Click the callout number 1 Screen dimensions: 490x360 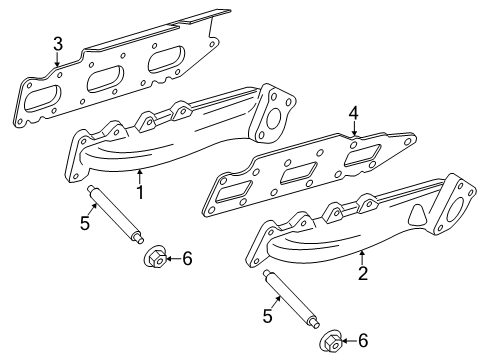pyautogui.click(x=140, y=192)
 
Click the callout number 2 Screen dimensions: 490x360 pyautogui.click(x=363, y=273)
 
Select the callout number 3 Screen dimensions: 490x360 pyautogui.click(x=58, y=44)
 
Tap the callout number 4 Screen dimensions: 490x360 pyautogui.click(x=353, y=113)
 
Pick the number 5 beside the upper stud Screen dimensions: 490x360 pyautogui.click(x=85, y=223)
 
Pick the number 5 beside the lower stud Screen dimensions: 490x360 pyautogui.click(x=268, y=316)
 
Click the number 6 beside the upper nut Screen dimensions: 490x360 pyautogui.click(x=187, y=259)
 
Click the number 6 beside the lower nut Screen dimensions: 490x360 pyautogui.click(x=363, y=341)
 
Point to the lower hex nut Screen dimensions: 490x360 pyautogui.click(x=332, y=341)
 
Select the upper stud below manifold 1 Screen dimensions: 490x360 pyautogui.click(x=115, y=214)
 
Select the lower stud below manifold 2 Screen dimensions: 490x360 pyautogui.click(x=291, y=298)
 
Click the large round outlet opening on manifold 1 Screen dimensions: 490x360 pyautogui.click(x=274, y=119)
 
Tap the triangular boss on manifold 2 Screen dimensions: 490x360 pyautogui.click(x=417, y=215)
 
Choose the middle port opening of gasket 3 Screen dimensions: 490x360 pyautogui.click(x=105, y=79)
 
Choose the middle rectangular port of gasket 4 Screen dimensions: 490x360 pyautogui.click(x=298, y=173)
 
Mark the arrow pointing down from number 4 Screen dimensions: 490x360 pyautogui.click(x=354, y=129)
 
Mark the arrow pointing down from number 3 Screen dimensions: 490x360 pyautogui.click(x=57, y=59)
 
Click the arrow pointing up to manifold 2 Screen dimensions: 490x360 pyautogui.click(x=362, y=258)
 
